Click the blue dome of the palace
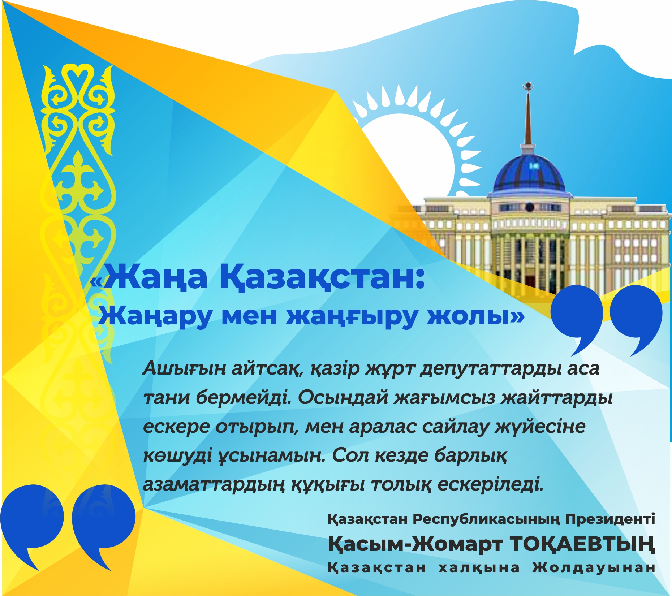click(x=529, y=173)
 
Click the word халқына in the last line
click(x=479, y=567)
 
